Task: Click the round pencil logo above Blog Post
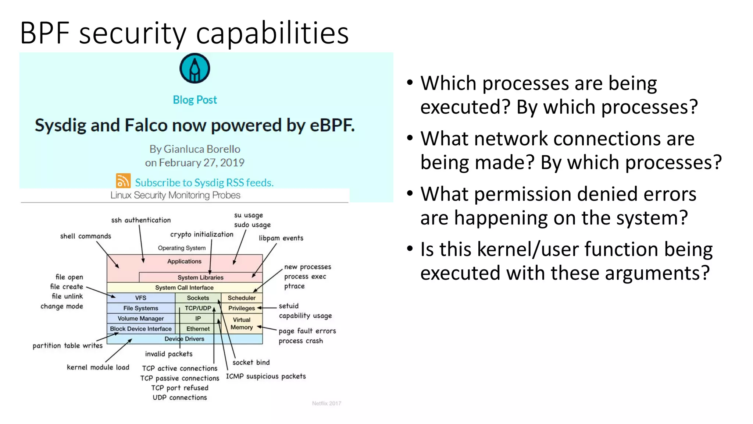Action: [x=195, y=68]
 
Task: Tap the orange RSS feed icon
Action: [x=123, y=181]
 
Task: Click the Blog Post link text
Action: [x=195, y=100]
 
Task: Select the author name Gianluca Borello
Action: [x=201, y=149]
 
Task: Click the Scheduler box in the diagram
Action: [x=241, y=298]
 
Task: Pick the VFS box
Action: [x=140, y=298]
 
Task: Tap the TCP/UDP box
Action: [x=198, y=308]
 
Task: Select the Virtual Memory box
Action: [x=241, y=324]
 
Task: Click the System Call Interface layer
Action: [x=184, y=287]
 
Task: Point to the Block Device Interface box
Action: [x=140, y=329]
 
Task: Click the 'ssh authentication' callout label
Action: [x=141, y=220]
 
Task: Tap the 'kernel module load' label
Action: [x=98, y=367]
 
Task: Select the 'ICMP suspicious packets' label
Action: [x=265, y=376]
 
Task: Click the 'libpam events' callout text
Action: [x=281, y=238]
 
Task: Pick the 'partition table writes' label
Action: [x=67, y=346]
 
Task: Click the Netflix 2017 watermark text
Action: [x=326, y=403]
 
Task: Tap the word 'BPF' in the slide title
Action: [x=44, y=33]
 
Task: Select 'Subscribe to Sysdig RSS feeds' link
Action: [x=204, y=183]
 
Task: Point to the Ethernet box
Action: [x=198, y=329]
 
